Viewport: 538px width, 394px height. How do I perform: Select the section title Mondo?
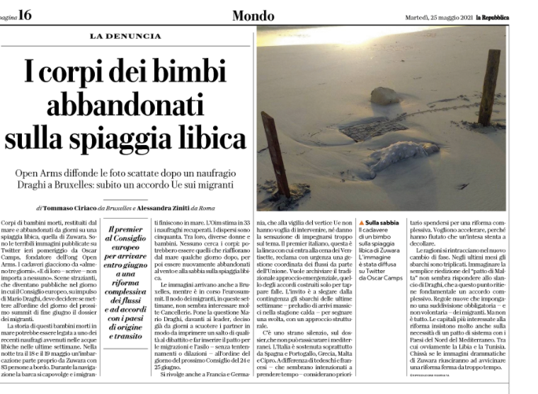tap(254, 16)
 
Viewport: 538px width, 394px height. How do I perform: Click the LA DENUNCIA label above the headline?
tap(125, 35)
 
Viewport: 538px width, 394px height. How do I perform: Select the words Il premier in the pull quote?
tap(124, 230)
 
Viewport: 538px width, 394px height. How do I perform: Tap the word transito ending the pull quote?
tap(125, 337)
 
